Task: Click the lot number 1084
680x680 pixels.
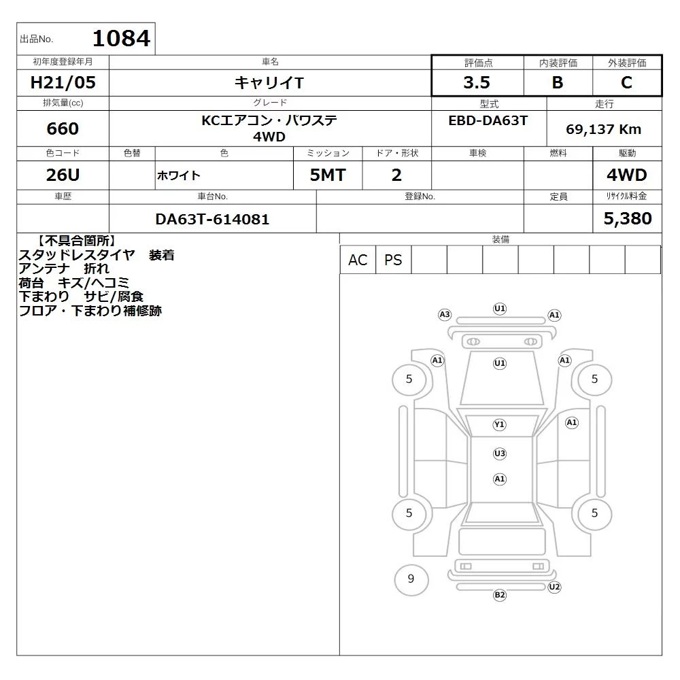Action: click(122, 38)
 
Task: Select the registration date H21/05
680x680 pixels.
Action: click(63, 82)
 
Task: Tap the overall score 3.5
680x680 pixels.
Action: click(477, 82)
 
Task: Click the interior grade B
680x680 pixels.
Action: click(558, 82)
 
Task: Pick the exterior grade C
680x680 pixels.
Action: click(626, 82)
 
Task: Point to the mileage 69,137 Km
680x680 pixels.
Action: click(603, 129)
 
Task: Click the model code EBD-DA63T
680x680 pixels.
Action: click(488, 120)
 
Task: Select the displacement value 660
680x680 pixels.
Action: click(63, 129)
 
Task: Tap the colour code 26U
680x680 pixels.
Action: click(63, 175)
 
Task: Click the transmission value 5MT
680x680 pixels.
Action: click(328, 175)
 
